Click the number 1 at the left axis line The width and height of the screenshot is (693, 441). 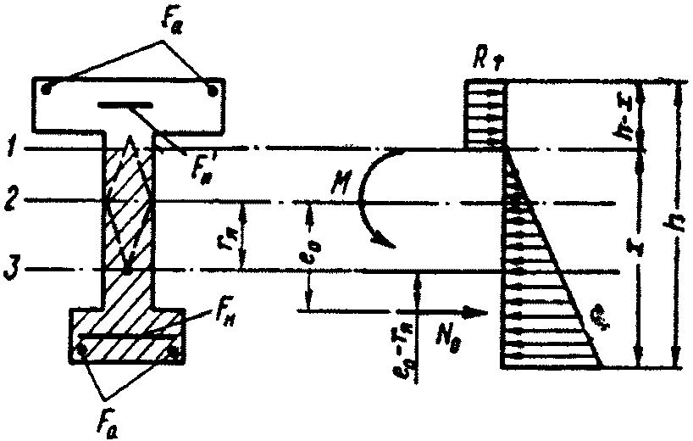[10, 149]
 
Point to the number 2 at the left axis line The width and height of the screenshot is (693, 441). [10, 202]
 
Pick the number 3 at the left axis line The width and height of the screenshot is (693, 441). [10, 271]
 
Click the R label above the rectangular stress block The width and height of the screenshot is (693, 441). [485, 61]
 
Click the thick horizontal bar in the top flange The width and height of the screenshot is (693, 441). [126, 105]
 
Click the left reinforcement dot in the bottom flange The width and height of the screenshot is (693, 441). [82, 346]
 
